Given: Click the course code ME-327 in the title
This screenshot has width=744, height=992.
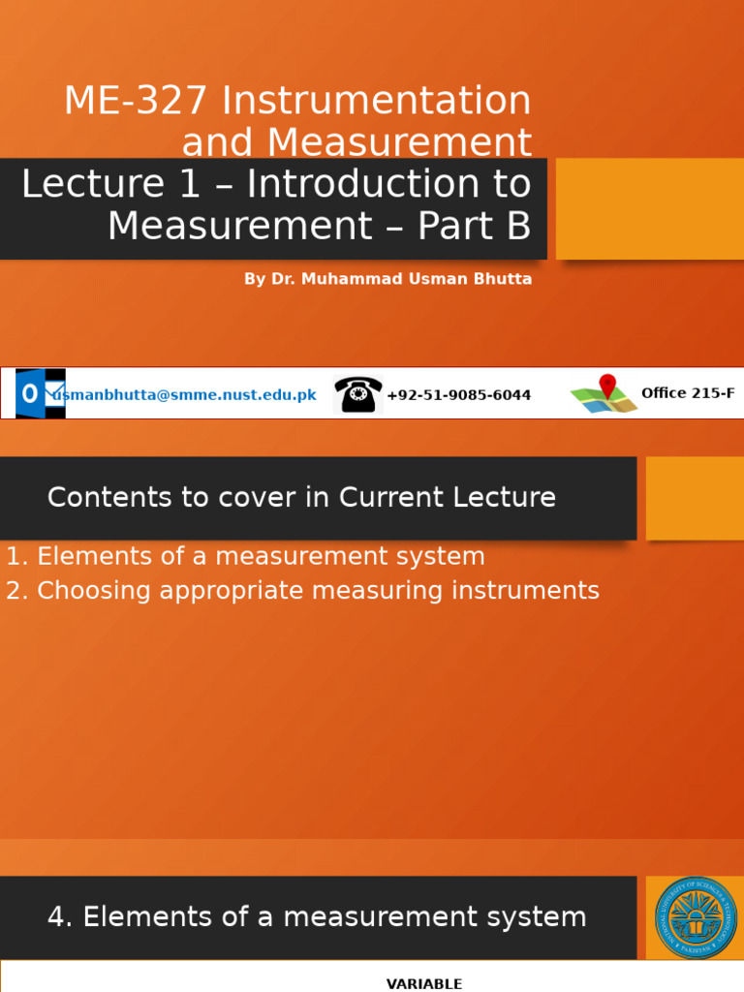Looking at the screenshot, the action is pos(136,100).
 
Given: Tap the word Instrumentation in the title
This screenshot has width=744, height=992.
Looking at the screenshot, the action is pos(377,100).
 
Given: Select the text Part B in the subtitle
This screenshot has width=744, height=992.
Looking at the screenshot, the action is pos(474,225).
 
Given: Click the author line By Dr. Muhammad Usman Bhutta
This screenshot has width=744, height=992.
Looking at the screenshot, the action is pos(387,279).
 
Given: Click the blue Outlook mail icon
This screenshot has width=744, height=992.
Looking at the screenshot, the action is pos(40,393).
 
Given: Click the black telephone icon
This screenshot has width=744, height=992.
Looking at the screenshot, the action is pos(358,394).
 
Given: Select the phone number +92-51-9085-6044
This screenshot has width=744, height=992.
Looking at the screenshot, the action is pos(458,395).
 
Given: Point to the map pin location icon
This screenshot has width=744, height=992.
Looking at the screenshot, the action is pos(604,393).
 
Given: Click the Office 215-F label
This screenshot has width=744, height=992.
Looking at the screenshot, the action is pos(688,393).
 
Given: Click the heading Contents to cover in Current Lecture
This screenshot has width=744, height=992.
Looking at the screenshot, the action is pos(302,497).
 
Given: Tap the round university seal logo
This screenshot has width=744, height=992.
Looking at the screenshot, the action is pos(696,917).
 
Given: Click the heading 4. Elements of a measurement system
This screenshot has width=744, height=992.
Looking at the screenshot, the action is pos(317,916).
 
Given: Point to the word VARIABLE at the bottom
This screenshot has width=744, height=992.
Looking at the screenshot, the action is pos(424,984).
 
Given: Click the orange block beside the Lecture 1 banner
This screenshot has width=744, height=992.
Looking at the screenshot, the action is pos(650,209).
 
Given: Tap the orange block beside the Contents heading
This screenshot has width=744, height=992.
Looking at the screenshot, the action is pos(695,499).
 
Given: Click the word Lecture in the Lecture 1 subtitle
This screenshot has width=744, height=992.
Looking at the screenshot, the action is pos(94,183).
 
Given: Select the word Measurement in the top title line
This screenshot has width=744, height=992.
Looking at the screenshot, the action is pos(399,141).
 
